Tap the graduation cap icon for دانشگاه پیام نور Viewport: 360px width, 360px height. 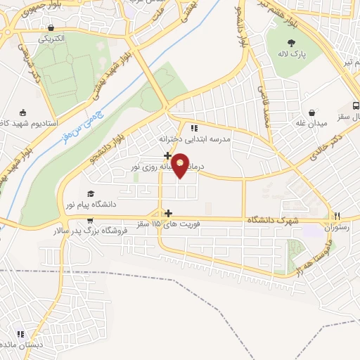click(x=89, y=193)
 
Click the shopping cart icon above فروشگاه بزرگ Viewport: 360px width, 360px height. click(x=89, y=219)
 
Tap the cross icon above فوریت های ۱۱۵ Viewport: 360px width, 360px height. click(x=167, y=212)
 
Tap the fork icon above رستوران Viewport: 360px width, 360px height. click(x=337, y=216)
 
